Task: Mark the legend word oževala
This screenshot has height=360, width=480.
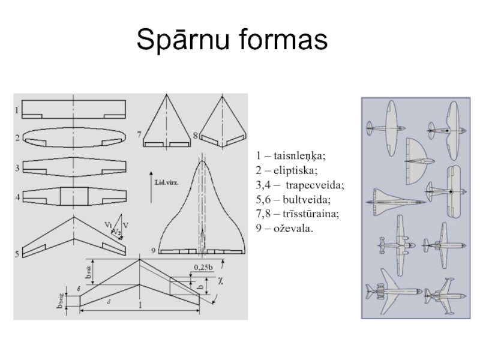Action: pos(294,227)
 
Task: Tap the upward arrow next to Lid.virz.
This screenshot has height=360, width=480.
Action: pos(152,183)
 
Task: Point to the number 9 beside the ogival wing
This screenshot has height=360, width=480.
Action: pos(154,250)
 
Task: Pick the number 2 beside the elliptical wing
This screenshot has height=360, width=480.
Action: pos(18,137)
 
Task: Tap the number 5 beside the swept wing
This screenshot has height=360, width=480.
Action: pos(17,253)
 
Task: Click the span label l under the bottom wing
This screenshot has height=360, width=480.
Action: pos(140,306)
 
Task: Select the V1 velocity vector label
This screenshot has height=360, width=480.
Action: pos(109,224)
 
